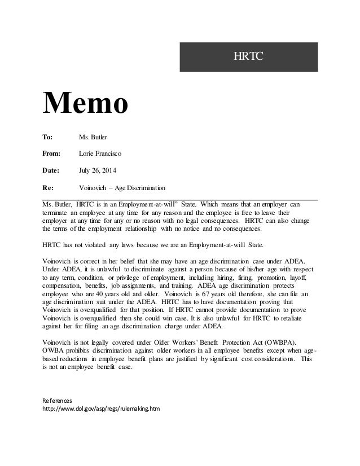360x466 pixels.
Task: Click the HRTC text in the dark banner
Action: click(x=249, y=56)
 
